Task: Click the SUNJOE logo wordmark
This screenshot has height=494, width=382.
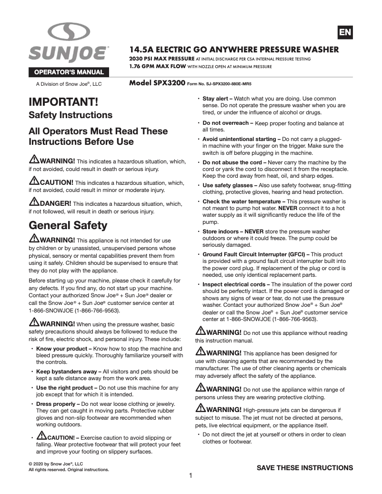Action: tap(68, 53)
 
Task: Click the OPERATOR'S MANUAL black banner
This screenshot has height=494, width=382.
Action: tap(68, 72)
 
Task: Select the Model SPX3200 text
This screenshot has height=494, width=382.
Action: tap(157, 82)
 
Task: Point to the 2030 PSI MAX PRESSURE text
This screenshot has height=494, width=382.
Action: tap(161, 59)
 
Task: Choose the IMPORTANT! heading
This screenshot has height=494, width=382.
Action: tap(63, 102)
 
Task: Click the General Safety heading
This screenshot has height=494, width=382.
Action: tap(68, 225)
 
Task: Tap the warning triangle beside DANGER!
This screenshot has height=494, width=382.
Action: tap(34, 203)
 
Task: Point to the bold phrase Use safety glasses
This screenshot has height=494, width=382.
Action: tap(228, 185)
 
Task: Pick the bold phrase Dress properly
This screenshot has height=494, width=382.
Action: tap(56, 404)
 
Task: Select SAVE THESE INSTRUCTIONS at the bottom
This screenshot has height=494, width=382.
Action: tap(305, 467)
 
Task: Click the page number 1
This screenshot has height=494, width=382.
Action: tap(191, 475)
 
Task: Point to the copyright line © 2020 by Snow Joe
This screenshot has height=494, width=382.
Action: tap(56, 464)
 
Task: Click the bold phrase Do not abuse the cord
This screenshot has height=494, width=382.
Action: tap(232, 162)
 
